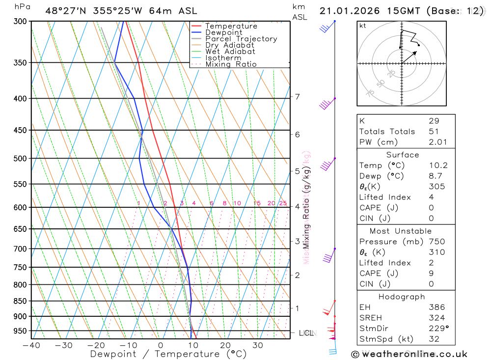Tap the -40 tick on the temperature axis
coord(31,345)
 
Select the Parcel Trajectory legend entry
coord(241,39)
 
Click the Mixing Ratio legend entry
coord(231,64)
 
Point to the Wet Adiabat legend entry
coord(230,52)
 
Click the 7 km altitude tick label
coord(298,97)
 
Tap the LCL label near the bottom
coord(306,333)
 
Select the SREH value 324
coord(436,318)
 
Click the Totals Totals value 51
coord(434,132)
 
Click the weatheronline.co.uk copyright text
coord(409,354)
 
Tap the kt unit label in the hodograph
coord(363,26)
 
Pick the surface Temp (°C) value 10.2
coord(438,166)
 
